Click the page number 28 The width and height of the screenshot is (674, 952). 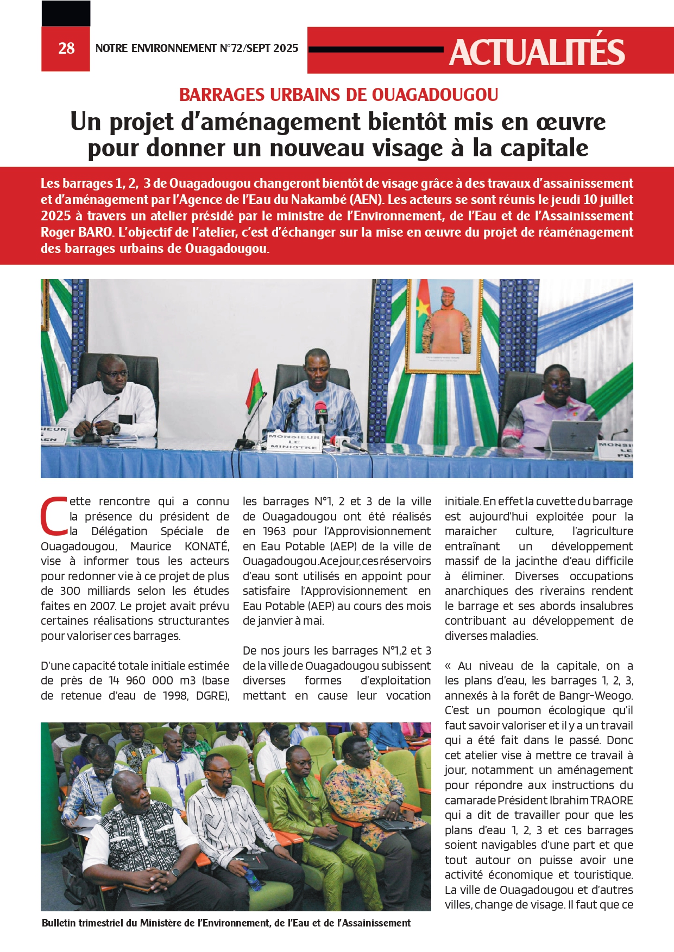66,48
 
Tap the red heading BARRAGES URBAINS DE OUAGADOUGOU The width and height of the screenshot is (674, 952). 338,95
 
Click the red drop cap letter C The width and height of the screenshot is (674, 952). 54,516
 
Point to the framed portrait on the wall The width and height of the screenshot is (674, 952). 444,326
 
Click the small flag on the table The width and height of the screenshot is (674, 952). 254,391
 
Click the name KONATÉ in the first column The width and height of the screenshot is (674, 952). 206,547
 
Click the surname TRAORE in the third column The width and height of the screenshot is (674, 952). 612,801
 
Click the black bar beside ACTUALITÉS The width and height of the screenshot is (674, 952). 376,49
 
